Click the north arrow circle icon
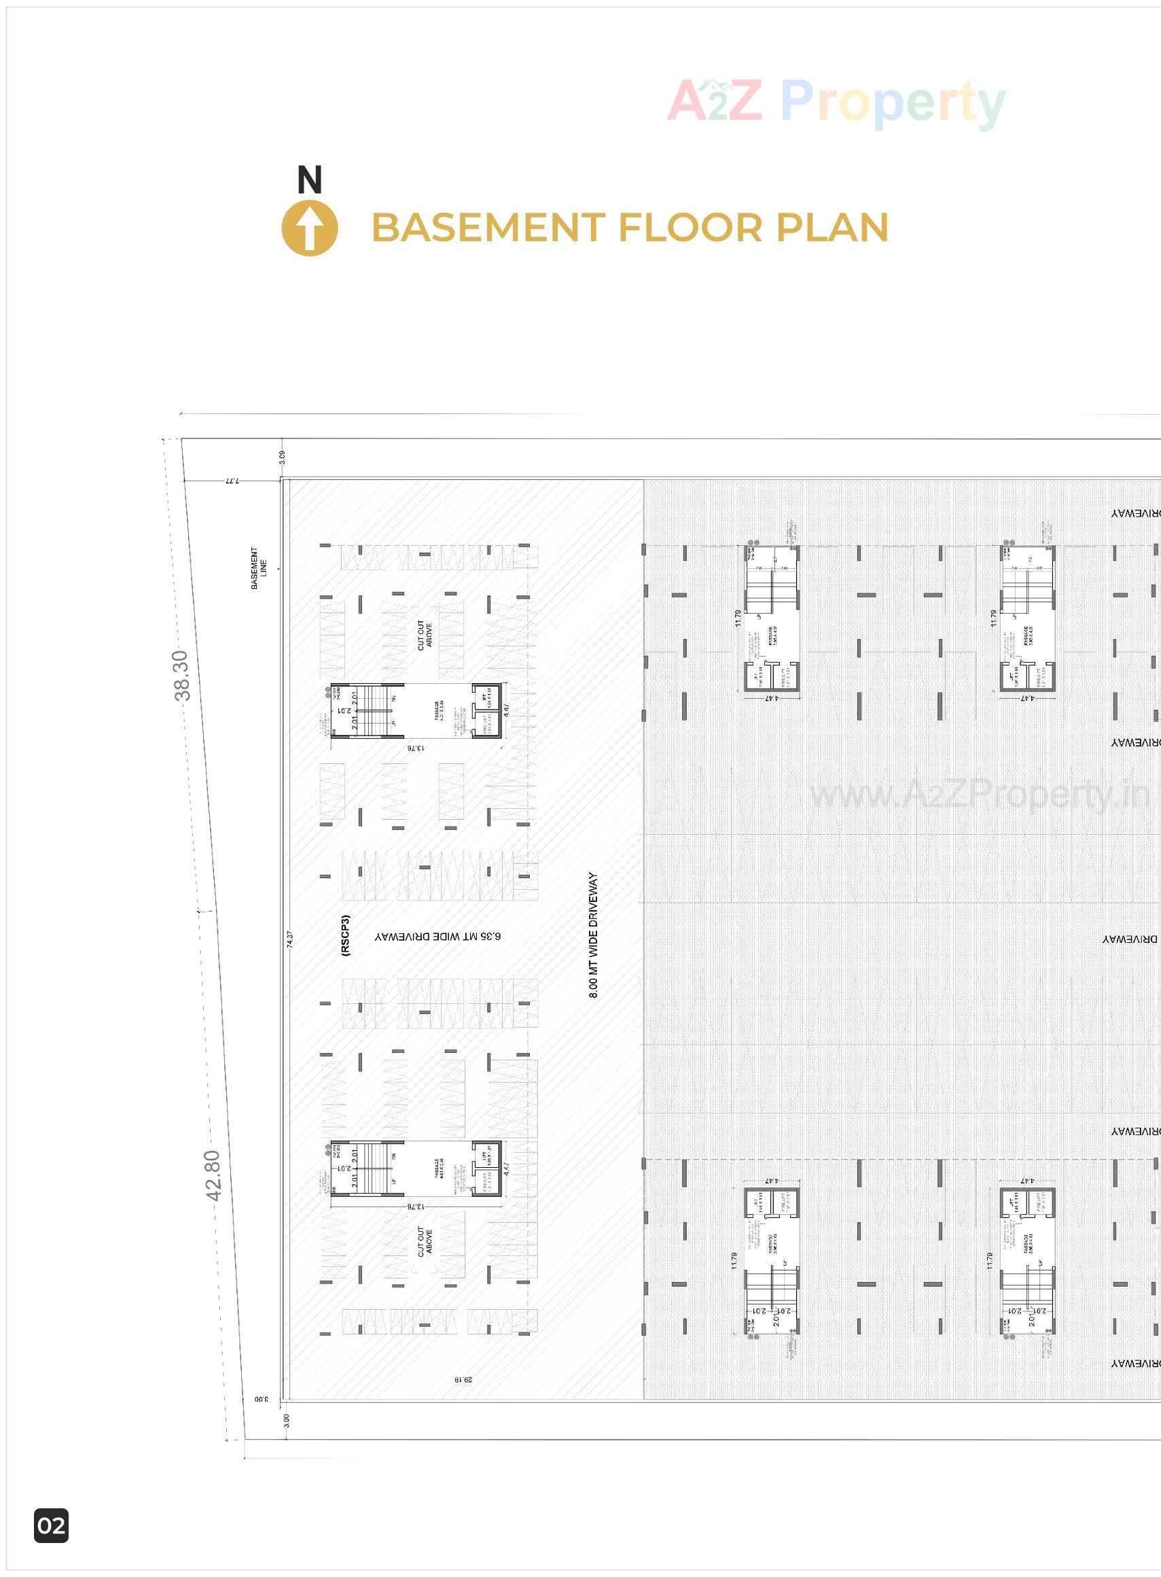click(309, 228)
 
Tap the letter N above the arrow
click(309, 180)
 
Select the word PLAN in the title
click(832, 228)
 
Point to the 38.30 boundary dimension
click(181, 675)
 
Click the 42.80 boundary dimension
click(212, 1175)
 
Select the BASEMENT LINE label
click(258, 568)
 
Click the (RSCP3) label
click(344, 935)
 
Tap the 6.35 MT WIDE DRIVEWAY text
click(437, 937)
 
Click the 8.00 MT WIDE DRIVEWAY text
click(592, 935)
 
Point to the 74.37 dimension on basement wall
click(290, 939)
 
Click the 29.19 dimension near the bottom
click(463, 1379)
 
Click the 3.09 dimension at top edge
click(282, 456)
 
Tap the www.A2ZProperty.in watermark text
click(980, 795)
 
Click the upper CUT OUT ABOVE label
click(425, 635)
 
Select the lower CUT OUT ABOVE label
click(425, 1242)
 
